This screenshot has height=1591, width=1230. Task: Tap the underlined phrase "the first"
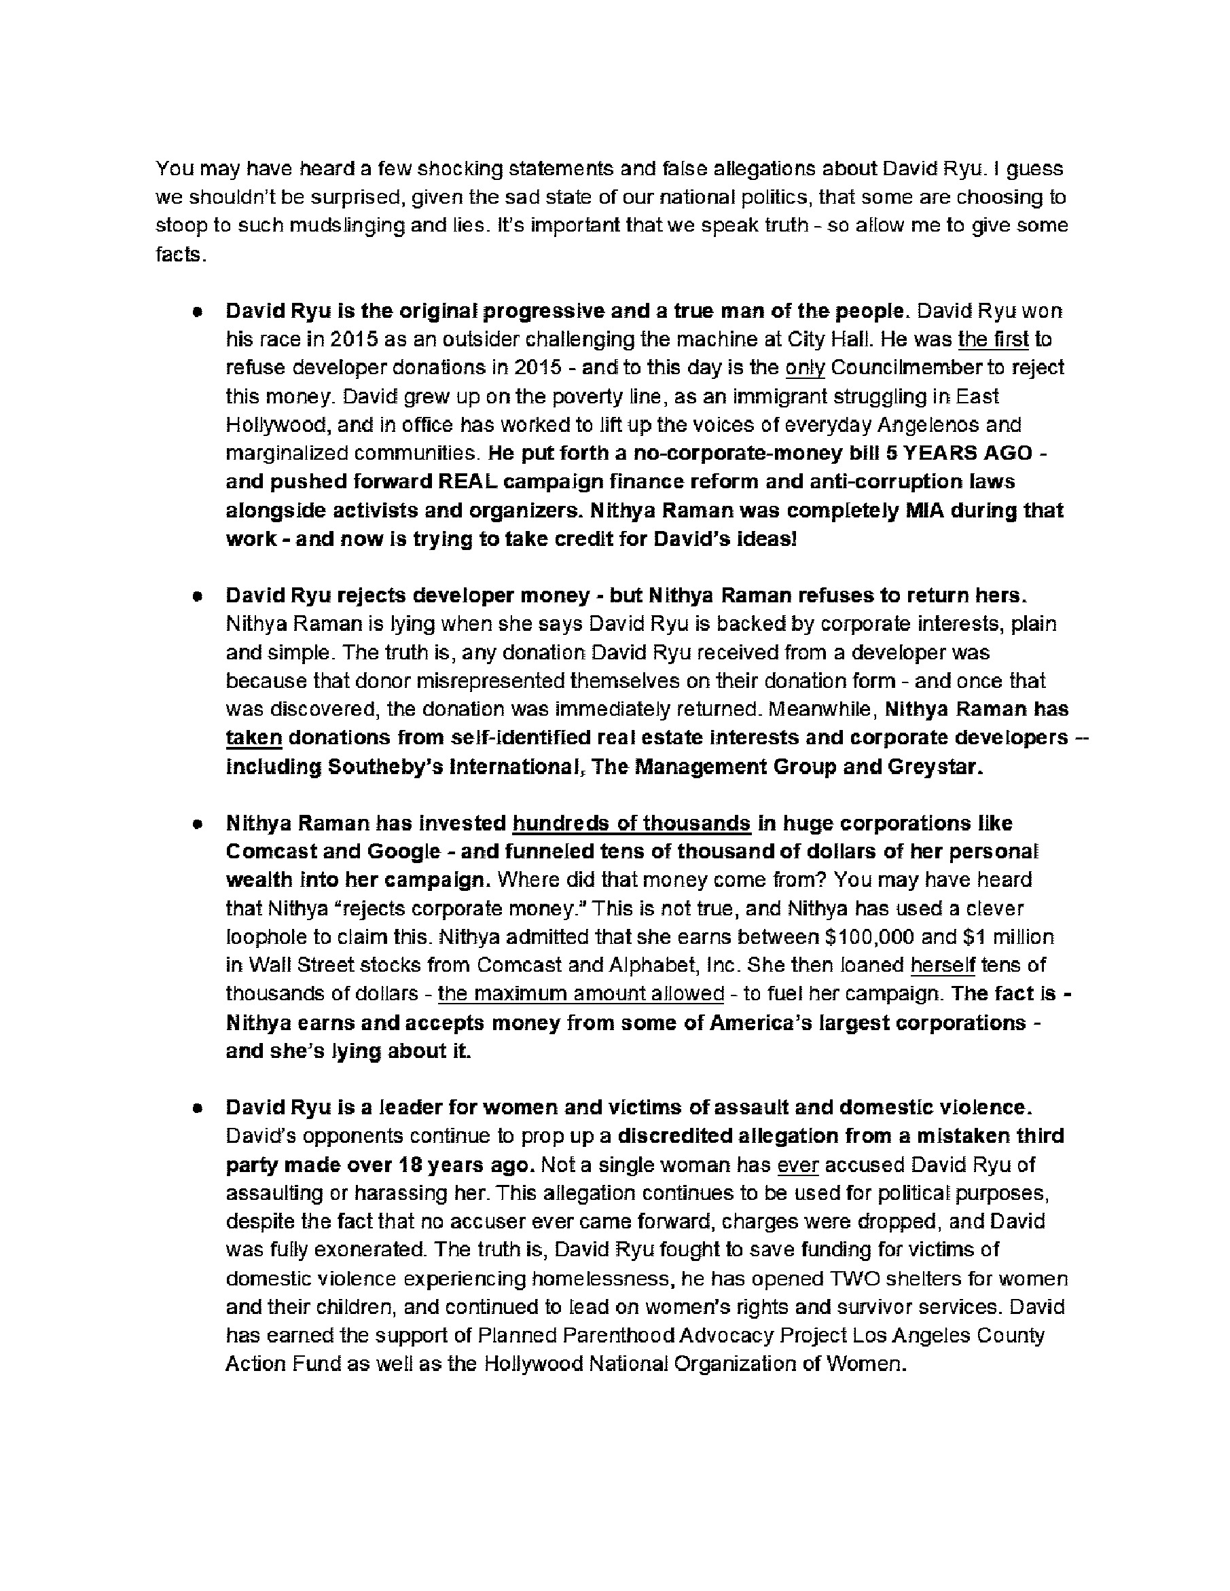click(993, 340)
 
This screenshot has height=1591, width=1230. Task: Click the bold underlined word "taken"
click(253, 737)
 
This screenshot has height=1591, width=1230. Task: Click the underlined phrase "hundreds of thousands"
click(631, 823)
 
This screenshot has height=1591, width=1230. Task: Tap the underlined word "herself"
click(942, 965)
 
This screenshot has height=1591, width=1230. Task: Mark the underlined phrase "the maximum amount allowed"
click(581, 993)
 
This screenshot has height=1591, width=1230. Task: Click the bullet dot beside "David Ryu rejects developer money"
click(197, 596)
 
